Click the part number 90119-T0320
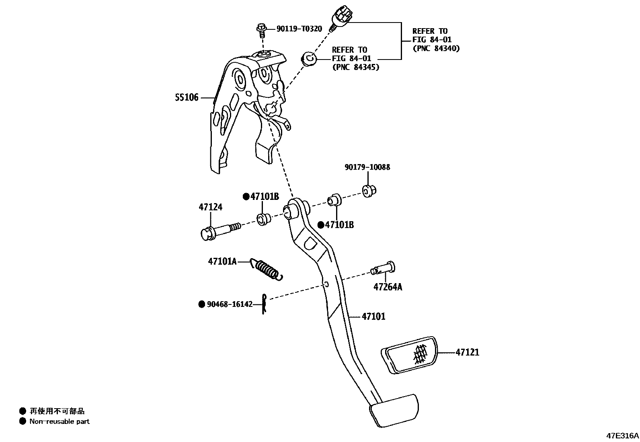(299, 29)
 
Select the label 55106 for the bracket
(187, 97)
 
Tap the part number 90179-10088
(367, 167)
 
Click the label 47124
(210, 207)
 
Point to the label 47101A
(222, 261)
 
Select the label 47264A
(388, 287)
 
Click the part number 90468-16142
(230, 304)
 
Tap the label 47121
(467, 352)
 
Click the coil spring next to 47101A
(267, 269)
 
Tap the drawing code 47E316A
(622, 435)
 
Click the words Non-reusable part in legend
(59, 421)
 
